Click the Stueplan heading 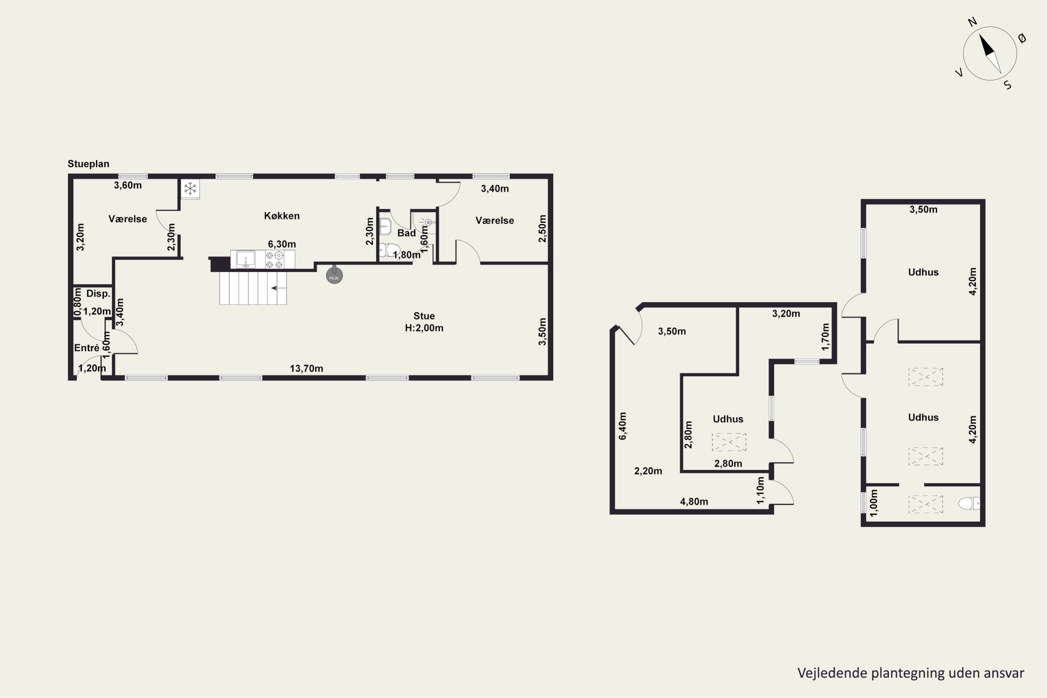88,164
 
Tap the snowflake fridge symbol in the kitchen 190,189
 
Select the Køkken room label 282,216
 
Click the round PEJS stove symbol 334,276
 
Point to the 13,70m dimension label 306,369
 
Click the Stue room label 424,316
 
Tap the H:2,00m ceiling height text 424,328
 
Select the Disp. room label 98,294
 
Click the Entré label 87,348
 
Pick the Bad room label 407,233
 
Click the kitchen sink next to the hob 245,259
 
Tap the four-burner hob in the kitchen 274,260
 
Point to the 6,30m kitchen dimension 282,244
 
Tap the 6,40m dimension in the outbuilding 622,426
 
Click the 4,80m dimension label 694,502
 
